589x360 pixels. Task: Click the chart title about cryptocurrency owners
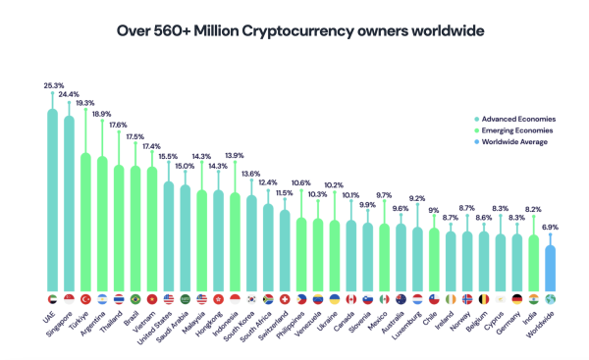point(294,30)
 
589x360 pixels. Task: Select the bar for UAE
point(52,196)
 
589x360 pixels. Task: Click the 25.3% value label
point(52,85)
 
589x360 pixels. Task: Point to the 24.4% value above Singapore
point(69,94)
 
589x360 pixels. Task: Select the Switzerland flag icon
point(285,298)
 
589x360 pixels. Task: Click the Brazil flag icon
point(135,298)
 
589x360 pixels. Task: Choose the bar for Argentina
point(102,220)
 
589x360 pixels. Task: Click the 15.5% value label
point(168,157)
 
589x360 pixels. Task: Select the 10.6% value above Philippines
point(300,183)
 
